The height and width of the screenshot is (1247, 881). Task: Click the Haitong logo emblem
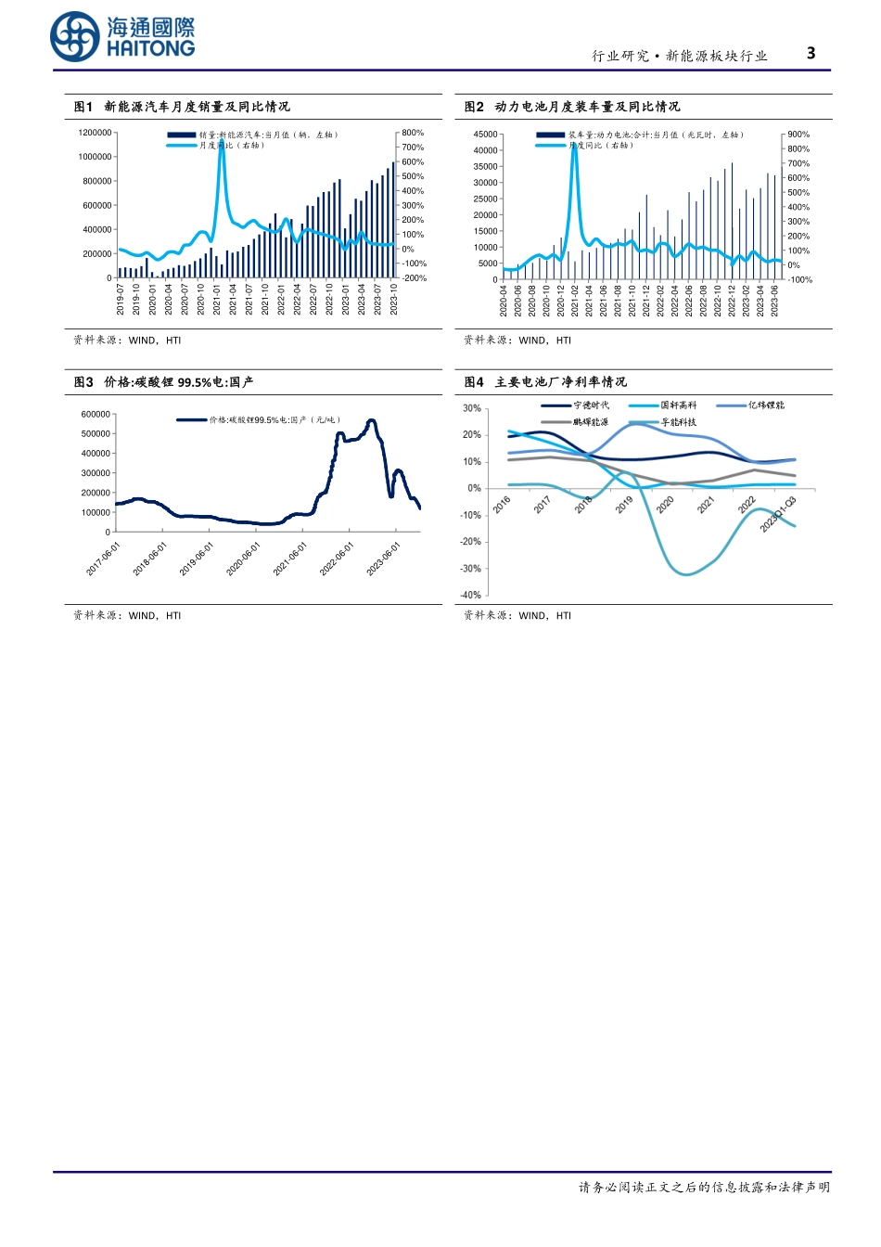point(74,37)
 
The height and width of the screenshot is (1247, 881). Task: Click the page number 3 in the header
point(811,53)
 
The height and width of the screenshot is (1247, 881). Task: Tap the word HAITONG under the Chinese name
point(150,49)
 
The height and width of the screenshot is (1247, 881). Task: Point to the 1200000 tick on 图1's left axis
point(95,133)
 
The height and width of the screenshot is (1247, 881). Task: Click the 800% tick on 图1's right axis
point(413,133)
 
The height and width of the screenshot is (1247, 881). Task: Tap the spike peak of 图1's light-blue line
point(221,141)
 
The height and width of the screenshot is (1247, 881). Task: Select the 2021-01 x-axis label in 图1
point(217,300)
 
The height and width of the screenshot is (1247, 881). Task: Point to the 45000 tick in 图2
point(485,135)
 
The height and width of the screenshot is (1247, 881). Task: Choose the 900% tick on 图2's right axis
point(798,135)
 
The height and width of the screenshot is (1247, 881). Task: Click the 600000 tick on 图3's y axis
point(96,414)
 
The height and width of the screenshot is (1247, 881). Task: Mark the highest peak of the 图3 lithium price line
point(371,420)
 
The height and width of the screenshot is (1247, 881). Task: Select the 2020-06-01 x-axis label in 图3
point(244,559)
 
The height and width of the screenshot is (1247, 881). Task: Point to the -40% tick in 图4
point(472,595)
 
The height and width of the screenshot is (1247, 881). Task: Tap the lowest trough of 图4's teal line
point(685,574)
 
